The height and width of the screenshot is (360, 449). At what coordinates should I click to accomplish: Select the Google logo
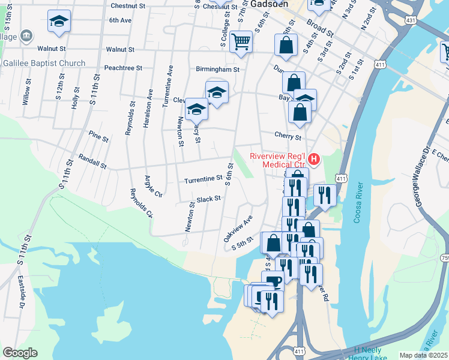(20, 353)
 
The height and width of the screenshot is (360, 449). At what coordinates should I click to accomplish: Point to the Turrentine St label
(203, 179)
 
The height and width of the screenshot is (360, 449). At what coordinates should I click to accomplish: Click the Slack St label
(209, 199)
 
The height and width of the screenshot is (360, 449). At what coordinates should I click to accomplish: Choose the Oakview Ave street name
(238, 229)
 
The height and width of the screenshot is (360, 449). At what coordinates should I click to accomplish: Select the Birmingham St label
(217, 69)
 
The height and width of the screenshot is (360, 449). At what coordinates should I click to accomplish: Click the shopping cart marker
(241, 41)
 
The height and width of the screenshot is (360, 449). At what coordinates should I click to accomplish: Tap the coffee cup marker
(273, 280)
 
